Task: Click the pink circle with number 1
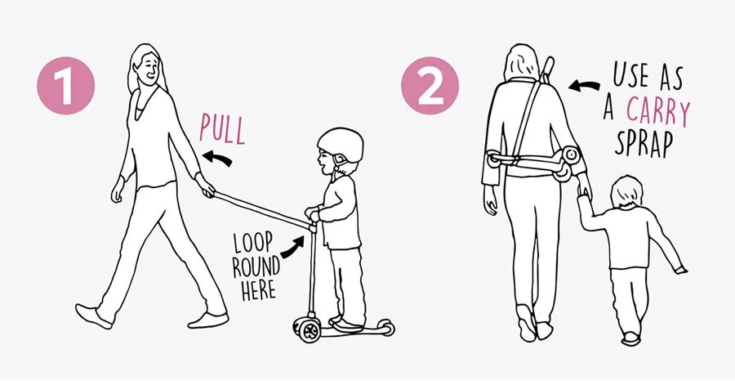[x=65, y=85]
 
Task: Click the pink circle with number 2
[x=430, y=85]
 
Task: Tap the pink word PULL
[x=222, y=128]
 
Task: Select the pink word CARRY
[x=658, y=112]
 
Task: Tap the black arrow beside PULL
[x=216, y=158]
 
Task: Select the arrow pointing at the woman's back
[x=584, y=85]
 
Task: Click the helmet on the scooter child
[x=341, y=145]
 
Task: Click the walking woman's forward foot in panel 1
[x=93, y=316]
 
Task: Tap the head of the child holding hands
[x=626, y=191]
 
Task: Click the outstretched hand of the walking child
[x=679, y=270]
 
